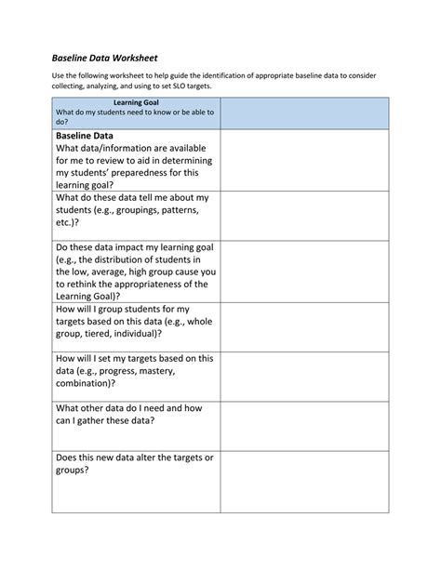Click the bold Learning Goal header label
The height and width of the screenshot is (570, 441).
(136, 102)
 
